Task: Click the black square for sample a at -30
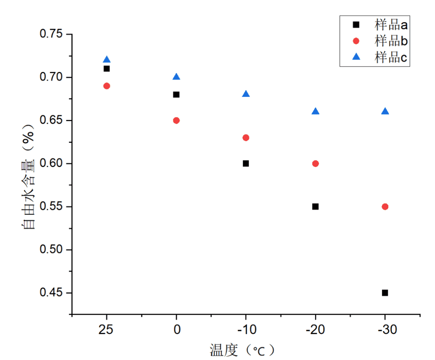coord(385,293)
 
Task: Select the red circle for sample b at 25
coord(107,86)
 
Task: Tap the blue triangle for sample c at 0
coord(176,77)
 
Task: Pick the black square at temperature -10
coord(246,163)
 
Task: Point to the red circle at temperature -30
coord(385,207)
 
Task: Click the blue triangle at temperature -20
coord(315,111)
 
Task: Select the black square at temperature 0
coord(176,94)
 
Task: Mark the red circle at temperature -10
coord(246,138)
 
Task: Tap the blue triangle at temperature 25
coord(107,60)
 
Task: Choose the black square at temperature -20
coord(315,207)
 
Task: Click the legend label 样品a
coord(391,25)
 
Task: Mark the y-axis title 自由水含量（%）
coord(29,177)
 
